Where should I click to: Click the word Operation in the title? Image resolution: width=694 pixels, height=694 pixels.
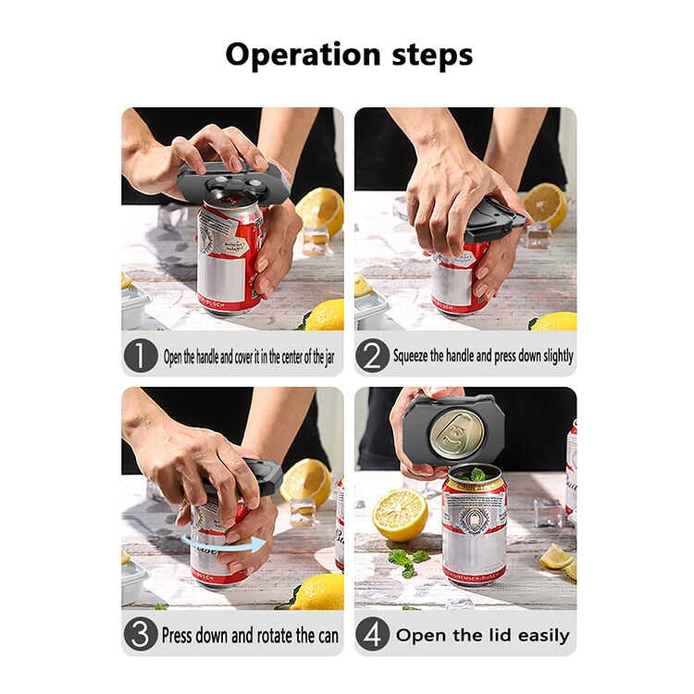(x=304, y=55)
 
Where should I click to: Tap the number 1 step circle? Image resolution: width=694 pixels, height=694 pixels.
(x=141, y=355)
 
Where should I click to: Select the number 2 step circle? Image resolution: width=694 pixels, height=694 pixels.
(x=373, y=355)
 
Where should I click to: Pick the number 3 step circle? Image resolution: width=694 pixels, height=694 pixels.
(x=141, y=634)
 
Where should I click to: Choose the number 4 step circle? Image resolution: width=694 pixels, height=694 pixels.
(x=373, y=634)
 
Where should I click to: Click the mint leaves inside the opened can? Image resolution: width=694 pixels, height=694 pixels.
(x=477, y=476)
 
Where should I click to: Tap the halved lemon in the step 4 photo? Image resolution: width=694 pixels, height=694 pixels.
(x=400, y=514)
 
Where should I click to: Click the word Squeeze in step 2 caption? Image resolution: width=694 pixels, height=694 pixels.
(x=411, y=356)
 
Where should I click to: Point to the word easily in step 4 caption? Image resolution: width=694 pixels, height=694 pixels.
(x=543, y=636)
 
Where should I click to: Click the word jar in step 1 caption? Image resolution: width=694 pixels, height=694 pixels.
(x=329, y=357)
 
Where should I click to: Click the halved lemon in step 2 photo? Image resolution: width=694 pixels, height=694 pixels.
(x=545, y=205)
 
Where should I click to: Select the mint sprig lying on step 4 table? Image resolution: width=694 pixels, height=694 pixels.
(x=408, y=562)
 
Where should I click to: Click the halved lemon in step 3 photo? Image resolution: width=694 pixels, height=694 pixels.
(x=306, y=482)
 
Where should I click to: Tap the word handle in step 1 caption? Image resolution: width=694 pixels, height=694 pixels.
(x=207, y=356)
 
